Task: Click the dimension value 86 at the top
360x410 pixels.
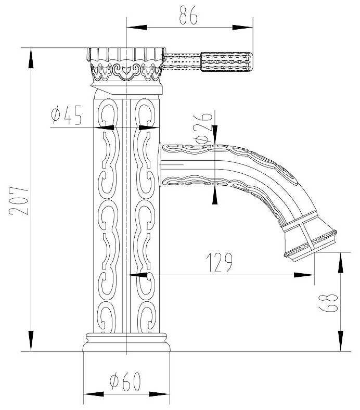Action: (189, 16)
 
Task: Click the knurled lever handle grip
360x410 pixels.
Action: (226, 61)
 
